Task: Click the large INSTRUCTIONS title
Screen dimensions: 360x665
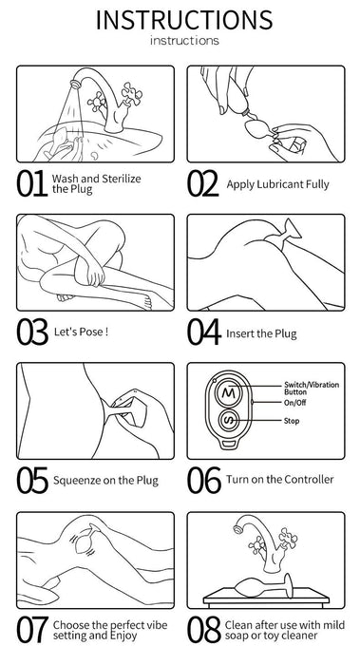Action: [184, 20]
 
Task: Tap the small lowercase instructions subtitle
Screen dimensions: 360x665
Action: [184, 41]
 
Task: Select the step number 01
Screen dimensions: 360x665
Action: [31, 184]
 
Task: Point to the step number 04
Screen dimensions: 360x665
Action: [204, 332]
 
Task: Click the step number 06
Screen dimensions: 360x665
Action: [204, 480]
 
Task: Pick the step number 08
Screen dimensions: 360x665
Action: [204, 629]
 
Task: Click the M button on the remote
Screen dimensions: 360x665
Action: [228, 393]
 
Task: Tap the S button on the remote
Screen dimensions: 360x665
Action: [228, 421]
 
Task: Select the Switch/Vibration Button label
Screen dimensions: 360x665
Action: [312, 388]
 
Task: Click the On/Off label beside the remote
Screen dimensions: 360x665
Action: [294, 403]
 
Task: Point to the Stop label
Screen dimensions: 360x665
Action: [292, 421]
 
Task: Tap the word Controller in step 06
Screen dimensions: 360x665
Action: [309, 479]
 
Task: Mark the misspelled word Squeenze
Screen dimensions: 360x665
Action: [78, 481]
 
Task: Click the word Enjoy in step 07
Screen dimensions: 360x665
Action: [123, 636]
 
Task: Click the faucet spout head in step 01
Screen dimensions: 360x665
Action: [75, 84]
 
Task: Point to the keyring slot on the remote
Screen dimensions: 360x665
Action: [228, 444]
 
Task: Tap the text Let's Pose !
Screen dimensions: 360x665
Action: [81, 332]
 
